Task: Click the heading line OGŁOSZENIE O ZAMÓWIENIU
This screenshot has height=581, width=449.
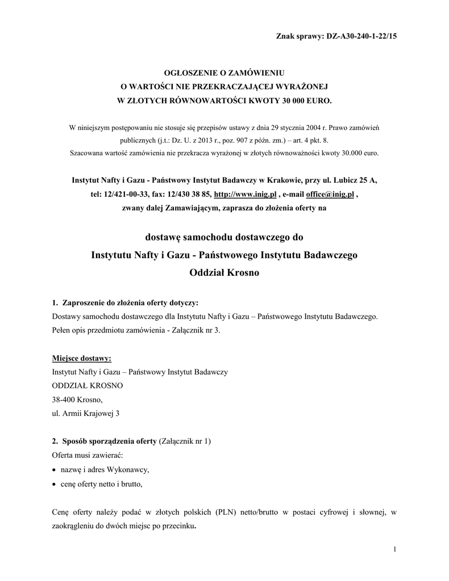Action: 223,74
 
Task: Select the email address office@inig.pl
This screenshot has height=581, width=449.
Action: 330,194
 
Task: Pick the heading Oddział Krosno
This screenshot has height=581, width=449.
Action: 224,273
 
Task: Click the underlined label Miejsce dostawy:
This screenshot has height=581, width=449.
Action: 82,358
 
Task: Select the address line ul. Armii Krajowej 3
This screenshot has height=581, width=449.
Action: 86,414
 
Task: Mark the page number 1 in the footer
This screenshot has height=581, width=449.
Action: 394,550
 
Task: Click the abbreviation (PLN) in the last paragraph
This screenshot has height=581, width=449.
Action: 227,512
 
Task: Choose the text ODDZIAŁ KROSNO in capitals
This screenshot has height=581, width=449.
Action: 87,386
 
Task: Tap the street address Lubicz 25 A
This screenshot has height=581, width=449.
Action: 355,180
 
